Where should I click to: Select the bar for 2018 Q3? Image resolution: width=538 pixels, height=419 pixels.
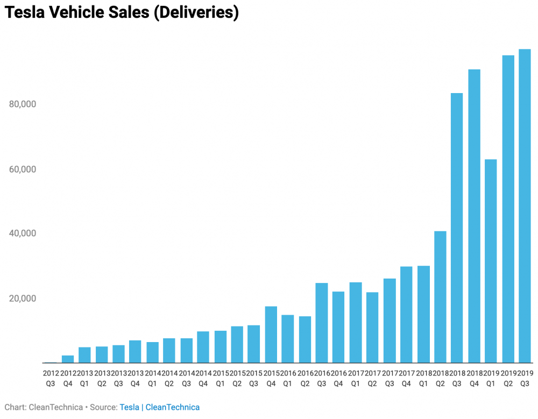pyautogui.click(x=457, y=228)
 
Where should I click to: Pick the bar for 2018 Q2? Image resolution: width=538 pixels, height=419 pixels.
pyautogui.click(x=440, y=297)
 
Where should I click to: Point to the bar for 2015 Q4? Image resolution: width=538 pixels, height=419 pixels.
pyautogui.click(x=271, y=335)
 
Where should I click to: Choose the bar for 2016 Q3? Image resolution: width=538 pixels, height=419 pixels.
pyautogui.click(x=322, y=323)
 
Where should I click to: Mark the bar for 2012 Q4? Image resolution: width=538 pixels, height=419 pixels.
pyautogui.click(x=68, y=359)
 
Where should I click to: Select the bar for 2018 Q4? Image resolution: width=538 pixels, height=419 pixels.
pyautogui.click(x=474, y=216)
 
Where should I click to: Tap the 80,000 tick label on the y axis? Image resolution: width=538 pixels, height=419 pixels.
pyautogui.click(x=23, y=104)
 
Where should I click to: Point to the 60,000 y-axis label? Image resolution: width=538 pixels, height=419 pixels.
pyautogui.click(x=23, y=169)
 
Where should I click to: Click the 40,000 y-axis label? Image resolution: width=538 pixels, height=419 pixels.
pyautogui.click(x=23, y=233)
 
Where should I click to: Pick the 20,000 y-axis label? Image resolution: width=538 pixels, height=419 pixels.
pyautogui.click(x=23, y=299)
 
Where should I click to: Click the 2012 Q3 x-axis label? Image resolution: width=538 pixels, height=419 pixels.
pyautogui.click(x=51, y=378)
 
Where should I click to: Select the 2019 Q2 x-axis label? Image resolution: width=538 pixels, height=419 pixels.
pyautogui.click(x=508, y=378)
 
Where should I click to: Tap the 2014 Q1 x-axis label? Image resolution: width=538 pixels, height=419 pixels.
pyautogui.click(x=152, y=378)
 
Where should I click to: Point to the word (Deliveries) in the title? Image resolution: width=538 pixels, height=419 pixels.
pyautogui.click(x=196, y=13)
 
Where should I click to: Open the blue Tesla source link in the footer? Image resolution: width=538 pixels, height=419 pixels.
pyautogui.click(x=129, y=407)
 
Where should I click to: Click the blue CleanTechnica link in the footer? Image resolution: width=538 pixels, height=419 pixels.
pyautogui.click(x=173, y=407)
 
